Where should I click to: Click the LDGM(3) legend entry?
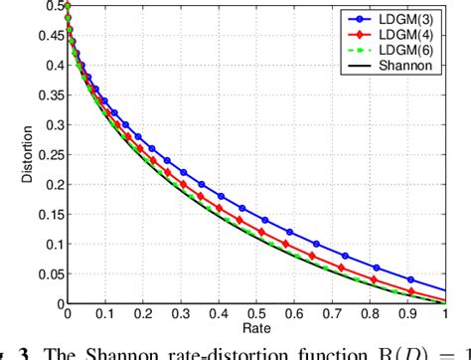click(414, 18)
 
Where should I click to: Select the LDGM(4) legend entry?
click(414, 34)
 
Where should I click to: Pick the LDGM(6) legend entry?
click(414, 50)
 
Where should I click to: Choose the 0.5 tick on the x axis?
click(256, 314)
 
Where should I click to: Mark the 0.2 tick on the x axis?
click(142, 314)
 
